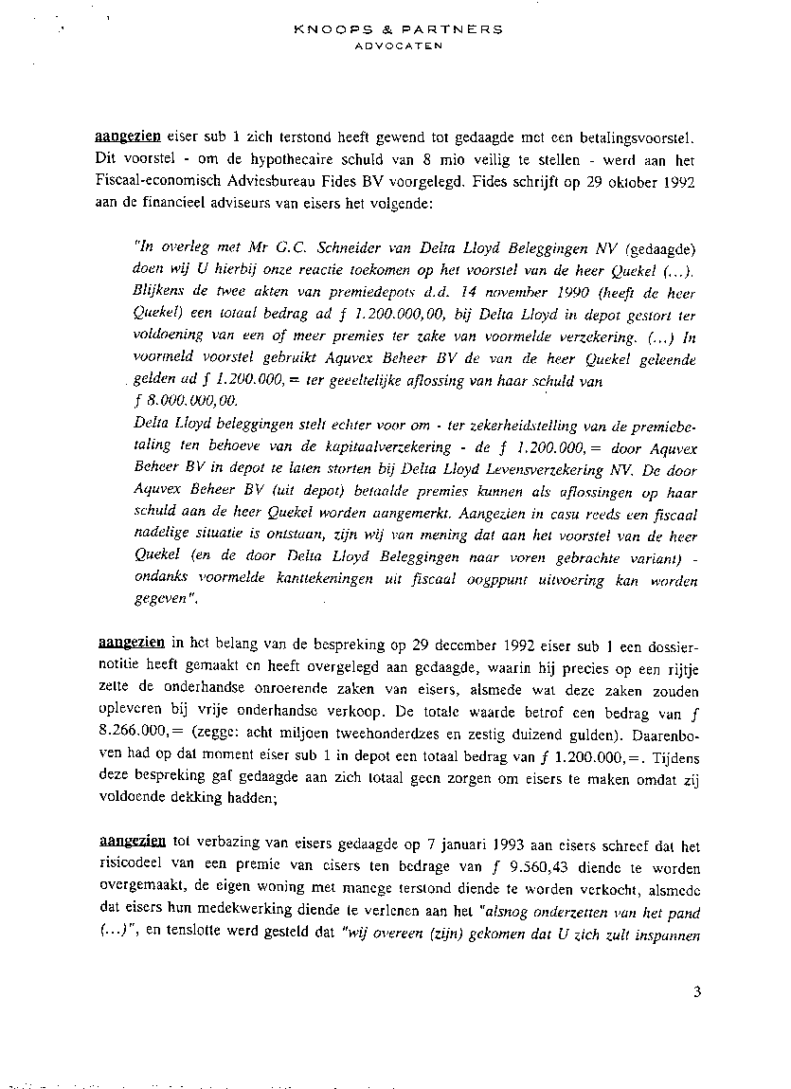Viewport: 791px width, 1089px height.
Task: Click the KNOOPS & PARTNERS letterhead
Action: pos(398,29)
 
